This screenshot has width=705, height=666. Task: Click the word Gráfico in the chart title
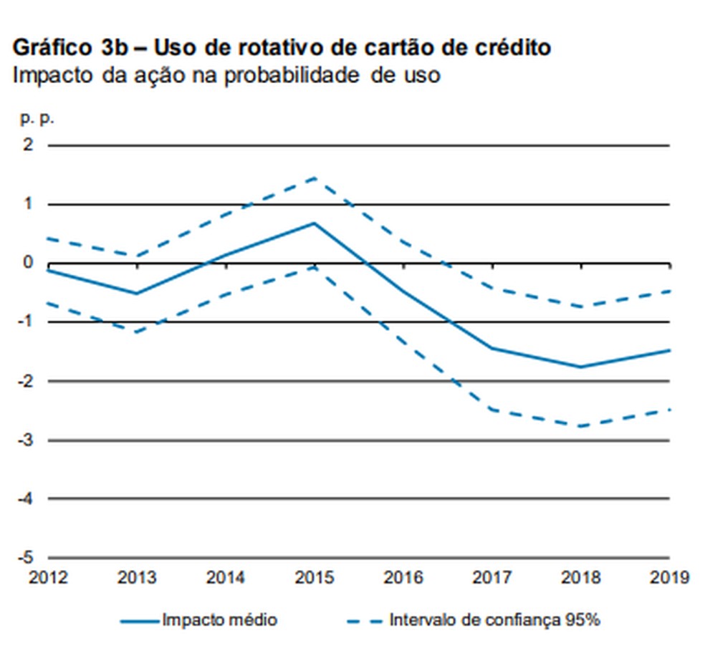pos(47,48)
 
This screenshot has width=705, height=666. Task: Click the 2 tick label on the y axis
pos(28,145)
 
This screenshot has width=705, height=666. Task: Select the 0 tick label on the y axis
pos(28,263)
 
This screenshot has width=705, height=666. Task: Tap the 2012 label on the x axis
pos(48,577)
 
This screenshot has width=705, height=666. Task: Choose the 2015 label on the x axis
pos(314,577)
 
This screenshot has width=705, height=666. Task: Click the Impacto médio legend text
pos(219,620)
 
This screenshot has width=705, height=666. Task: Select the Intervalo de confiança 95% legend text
pos(494,620)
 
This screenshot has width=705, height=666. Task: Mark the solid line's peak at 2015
pos(314,223)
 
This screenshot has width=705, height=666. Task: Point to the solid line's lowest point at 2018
pos(580,367)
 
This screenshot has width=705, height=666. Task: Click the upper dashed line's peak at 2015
pos(314,177)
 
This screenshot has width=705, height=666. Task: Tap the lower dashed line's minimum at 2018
pos(580,426)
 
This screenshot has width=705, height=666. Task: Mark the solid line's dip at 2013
pos(137,294)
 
